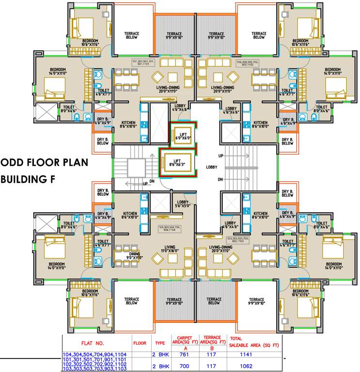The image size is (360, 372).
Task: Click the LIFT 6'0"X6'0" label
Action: point(183,135)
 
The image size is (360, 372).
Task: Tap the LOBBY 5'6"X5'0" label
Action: point(183,204)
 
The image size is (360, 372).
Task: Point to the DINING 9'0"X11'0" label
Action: point(134,256)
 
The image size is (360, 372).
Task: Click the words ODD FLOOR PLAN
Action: point(44,162)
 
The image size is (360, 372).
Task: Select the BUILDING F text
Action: point(28,179)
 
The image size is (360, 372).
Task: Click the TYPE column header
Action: point(159,342)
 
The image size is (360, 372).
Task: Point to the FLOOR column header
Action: point(140,342)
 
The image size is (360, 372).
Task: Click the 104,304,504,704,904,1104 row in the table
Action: point(94,355)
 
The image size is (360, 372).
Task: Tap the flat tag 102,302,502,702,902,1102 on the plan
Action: point(248,64)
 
